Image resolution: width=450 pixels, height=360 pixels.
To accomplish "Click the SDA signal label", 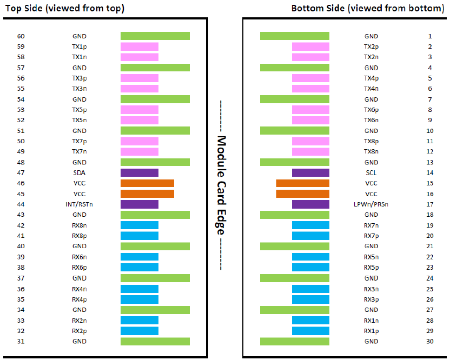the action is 79,172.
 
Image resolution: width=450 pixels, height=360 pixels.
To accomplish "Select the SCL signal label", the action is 371,172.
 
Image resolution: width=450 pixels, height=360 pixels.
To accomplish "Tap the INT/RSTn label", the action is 79,204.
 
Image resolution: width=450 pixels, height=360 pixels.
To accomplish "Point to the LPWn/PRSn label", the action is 371,204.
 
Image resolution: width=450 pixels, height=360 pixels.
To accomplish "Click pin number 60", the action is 21,36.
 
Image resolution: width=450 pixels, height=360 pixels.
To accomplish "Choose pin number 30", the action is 429,342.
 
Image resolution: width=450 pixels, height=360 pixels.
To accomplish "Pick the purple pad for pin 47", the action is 140,172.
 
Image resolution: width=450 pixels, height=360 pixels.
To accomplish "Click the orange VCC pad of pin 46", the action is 147,183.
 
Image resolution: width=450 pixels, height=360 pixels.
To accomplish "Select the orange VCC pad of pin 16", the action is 302,194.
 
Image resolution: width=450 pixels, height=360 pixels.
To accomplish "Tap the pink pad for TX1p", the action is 140,46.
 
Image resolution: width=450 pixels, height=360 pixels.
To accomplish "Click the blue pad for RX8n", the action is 140,225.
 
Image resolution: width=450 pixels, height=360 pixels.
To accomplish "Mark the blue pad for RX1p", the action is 310,331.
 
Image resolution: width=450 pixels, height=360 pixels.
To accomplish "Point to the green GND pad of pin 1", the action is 295,36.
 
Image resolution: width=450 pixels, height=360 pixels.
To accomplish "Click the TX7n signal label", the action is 79,151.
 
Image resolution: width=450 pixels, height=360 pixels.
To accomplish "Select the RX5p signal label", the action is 371,268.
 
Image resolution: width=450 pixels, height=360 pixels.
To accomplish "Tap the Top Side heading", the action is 64,8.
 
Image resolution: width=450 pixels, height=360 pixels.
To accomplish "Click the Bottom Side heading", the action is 368,8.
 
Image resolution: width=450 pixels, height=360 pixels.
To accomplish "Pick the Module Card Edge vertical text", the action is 221,185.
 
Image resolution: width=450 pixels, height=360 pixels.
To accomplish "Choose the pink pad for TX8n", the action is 310,151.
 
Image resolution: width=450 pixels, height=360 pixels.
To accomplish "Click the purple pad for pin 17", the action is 310,204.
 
